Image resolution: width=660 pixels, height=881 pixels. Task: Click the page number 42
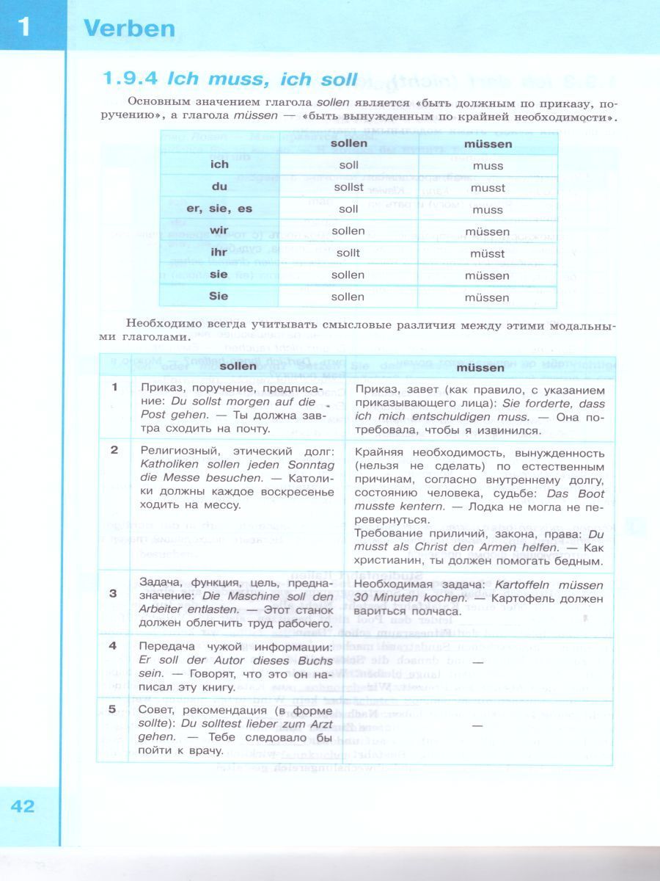click(23, 805)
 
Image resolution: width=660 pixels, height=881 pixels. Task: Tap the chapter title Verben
click(129, 29)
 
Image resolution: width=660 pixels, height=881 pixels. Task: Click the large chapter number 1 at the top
click(24, 28)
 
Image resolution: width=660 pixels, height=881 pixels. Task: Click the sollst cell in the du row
click(348, 187)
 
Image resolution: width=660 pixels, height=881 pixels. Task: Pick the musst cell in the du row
click(488, 188)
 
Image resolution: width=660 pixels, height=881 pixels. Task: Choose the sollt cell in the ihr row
click(348, 253)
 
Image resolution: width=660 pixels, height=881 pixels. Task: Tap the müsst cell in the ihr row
click(488, 254)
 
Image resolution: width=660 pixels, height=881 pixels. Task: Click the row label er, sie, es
click(219, 209)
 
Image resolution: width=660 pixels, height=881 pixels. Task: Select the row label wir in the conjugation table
click(219, 231)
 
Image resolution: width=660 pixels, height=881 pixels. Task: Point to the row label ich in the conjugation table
click(219, 165)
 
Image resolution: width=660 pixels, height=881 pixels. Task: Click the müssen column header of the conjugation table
click(488, 144)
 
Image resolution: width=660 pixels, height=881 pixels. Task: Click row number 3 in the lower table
click(114, 593)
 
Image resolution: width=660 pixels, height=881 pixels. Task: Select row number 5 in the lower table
click(114, 709)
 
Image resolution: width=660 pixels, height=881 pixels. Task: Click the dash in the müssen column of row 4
click(477, 662)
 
